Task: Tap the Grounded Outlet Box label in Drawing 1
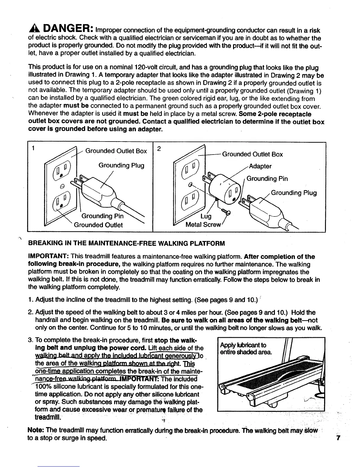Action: pos(116,151)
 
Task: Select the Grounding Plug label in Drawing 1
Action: pos(121,165)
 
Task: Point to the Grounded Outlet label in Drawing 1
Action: pos(98,225)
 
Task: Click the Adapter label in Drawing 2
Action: pos(260,166)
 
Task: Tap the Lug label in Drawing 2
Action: pos(206,216)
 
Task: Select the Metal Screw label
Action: pos(203,225)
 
